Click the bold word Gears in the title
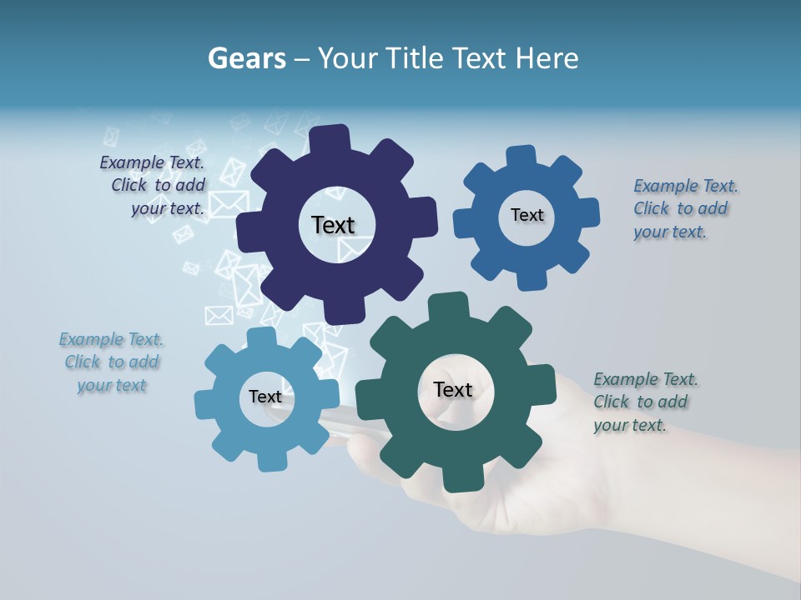point(247,58)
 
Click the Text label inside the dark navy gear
point(333,225)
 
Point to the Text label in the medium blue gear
point(526,215)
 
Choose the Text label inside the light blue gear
point(265,397)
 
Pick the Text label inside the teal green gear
point(453,389)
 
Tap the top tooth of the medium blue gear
point(521,157)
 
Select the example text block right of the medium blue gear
point(685,208)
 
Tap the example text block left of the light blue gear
point(112,362)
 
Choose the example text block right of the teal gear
point(645,402)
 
